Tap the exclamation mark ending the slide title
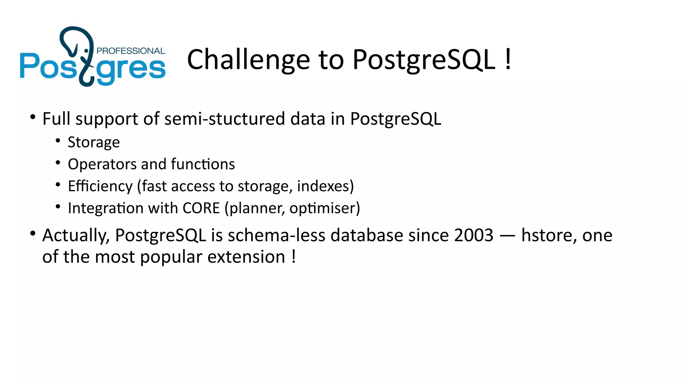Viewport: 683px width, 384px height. (508, 59)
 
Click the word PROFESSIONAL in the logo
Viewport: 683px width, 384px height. (131, 51)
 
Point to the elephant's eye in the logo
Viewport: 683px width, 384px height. (86, 51)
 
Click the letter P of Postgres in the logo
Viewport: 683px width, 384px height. (29, 66)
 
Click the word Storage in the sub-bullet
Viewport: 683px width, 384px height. (94, 142)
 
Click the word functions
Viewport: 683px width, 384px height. (203, 164)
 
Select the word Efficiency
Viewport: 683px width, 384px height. (100, 186)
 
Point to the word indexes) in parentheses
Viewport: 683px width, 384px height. (325, 186)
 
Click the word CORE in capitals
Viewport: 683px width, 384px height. (201, 208)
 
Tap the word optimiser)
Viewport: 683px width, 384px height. (324, 208)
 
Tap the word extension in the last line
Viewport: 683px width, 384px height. (246, 257)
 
